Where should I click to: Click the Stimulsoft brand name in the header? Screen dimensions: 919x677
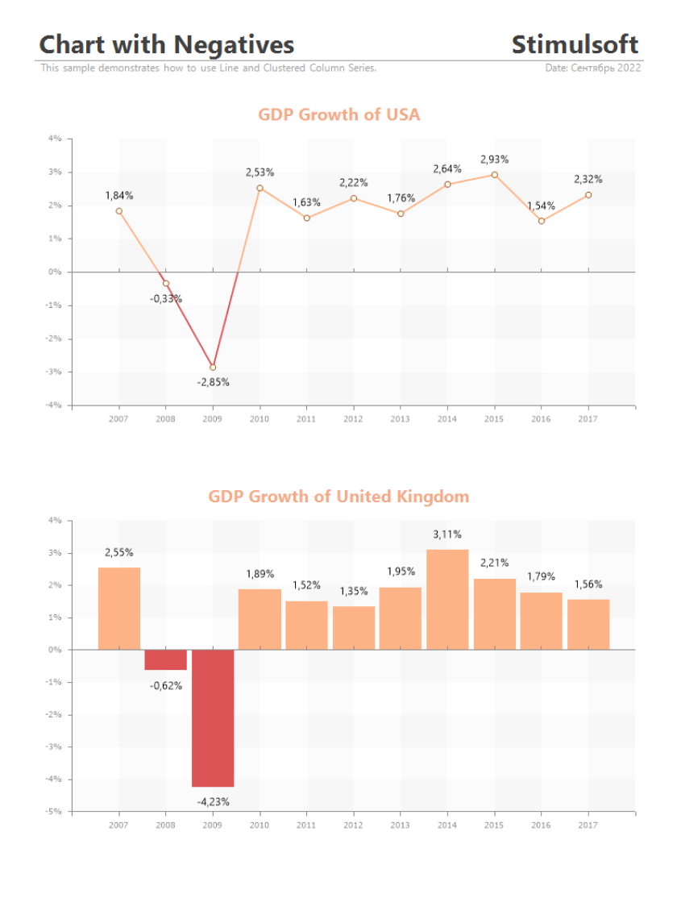coord(575,44)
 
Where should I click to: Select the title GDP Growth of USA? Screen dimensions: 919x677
coord(338,114)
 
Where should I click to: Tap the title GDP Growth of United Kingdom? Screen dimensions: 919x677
coord(338,496)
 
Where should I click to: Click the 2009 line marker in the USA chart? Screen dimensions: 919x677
coord(213,368)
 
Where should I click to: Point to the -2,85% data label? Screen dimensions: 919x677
coord(213,382)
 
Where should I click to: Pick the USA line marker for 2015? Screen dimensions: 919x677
coord(494,175)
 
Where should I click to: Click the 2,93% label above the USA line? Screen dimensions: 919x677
coord(494,160)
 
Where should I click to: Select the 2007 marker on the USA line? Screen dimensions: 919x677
coord(119,211)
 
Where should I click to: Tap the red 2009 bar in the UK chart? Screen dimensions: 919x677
coord(213,717)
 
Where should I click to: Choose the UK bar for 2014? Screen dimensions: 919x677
coord(447,599)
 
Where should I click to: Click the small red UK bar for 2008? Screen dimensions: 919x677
coord(166,659)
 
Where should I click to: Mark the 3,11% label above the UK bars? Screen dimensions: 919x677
coord(447,534)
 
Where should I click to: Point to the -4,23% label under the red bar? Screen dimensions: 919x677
coord(213,801)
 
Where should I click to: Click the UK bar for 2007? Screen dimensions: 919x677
coord(119,609)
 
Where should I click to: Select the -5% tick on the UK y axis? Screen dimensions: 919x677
coord(55,811)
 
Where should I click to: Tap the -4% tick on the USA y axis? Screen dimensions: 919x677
coord(55,405)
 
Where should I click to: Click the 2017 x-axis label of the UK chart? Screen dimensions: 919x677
coord(588,825)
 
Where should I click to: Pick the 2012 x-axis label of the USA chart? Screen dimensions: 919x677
coord(353,419)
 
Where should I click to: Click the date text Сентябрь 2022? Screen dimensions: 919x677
coord(605,69)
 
